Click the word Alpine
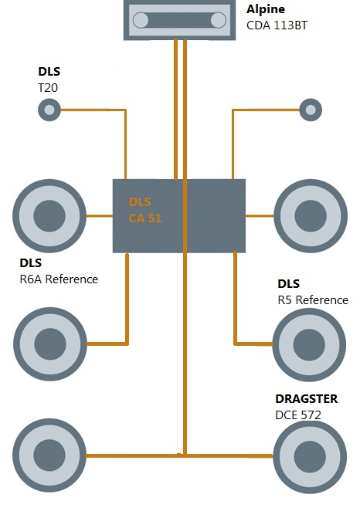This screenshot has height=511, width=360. pos(266,9)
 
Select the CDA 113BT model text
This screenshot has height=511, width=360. pos(277,25)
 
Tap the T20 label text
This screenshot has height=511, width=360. pos(48,88)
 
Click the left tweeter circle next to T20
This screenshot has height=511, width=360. pos(49,110)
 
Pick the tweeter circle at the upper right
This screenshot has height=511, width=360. pos(311,110)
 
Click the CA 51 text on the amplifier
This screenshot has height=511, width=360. pos(144,218)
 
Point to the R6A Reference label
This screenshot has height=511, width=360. pos(59,279)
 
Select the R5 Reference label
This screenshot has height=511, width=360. pos(313,299)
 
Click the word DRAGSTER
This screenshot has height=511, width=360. pos(306,399)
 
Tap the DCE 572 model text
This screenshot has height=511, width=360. pos(298,415)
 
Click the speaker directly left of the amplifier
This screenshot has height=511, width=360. pos(49,215)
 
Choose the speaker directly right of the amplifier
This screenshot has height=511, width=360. pos(311,215)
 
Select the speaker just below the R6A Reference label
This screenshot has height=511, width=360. pos(50,343)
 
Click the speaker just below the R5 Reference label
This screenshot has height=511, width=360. pos(309,345)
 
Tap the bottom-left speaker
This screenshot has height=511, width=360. pos(49,455)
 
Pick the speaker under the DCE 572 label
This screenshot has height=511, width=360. pos(310,456)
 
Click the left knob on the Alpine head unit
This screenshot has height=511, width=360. pos(141,20)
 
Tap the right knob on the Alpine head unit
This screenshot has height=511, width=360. pos(218,20)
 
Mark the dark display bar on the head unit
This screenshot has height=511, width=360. pos(179,20)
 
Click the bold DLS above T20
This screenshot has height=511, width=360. pos(49,71)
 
